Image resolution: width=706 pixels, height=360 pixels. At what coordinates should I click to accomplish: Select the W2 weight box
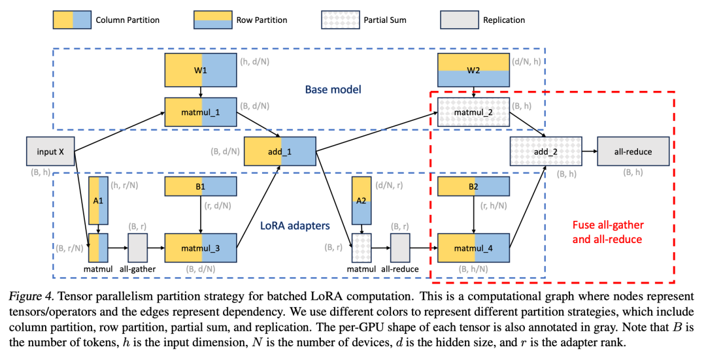point(473,70)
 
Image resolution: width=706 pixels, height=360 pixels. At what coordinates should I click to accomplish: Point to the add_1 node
point(280,152)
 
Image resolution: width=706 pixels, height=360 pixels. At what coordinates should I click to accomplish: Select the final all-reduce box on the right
point(633,152)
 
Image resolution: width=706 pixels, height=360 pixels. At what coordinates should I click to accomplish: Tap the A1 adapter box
point(98,200)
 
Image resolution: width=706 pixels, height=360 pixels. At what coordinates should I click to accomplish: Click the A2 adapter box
point(361,200)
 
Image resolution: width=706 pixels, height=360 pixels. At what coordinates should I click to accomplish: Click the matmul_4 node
point(473,248)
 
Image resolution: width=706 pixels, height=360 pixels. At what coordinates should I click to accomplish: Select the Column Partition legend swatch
point(73,20)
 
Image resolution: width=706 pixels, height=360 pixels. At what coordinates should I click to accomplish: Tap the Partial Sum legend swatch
point(340,20)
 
